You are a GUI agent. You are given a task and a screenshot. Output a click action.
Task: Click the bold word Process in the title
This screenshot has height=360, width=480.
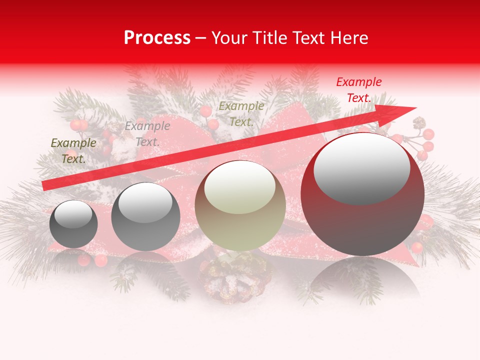tap(157, 38)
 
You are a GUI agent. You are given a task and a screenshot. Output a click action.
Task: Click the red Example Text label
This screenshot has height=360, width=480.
tap(358, 90)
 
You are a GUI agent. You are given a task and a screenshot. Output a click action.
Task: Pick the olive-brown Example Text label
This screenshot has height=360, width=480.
tap(73, 151)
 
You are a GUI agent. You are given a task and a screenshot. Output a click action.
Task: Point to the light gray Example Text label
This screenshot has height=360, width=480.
tap(147, 134)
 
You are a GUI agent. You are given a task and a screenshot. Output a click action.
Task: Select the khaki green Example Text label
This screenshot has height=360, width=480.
tap(241, 114)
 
